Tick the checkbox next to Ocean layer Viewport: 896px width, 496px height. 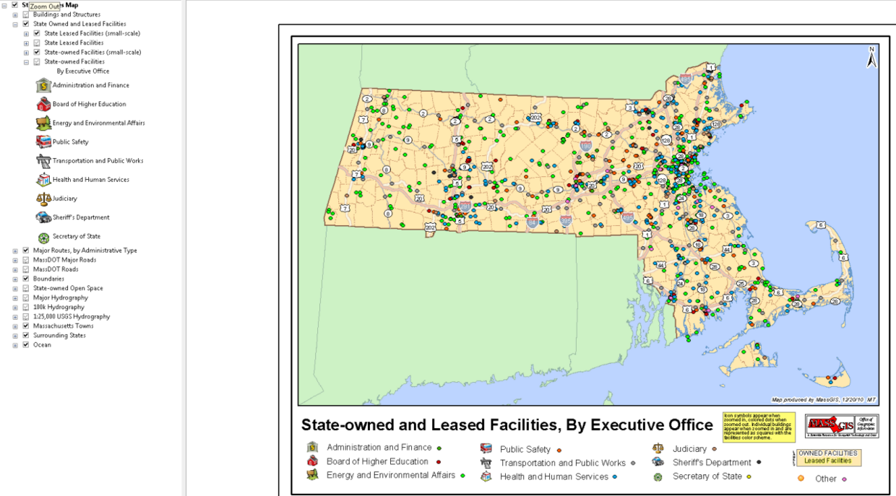(x=26, y=345)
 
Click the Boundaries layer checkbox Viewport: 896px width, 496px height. (x=26, y=279)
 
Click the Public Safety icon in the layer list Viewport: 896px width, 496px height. (x=43, y=142)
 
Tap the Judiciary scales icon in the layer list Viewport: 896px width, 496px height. (x=43, y=198)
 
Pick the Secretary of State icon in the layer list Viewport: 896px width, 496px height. (x=43, y=237)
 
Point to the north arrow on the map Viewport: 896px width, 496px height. (x=871, y=58)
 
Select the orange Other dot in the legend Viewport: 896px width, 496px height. (x=801, y=478)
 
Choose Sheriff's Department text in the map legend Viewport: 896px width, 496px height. (x=712, y=463)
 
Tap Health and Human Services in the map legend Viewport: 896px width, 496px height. (x=554, y=477)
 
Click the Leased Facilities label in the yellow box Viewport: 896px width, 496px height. (x=827, y=461)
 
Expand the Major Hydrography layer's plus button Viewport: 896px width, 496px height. (x=15, y=298)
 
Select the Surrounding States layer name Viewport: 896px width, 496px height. (x=59, y=336)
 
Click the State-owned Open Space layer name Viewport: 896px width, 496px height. (x=68, y=288)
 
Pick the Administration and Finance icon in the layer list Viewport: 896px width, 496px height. (x=43, y=85)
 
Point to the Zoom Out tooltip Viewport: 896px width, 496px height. (x=45, y=6)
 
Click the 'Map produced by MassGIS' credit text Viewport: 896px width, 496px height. (x=824, y=399)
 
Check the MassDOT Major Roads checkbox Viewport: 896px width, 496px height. (x=26, y=260)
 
